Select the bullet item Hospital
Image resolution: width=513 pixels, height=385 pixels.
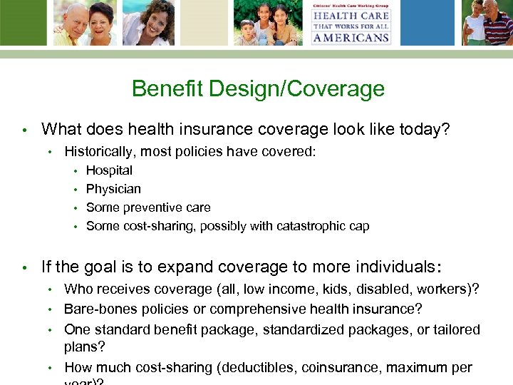(x=109, y=170)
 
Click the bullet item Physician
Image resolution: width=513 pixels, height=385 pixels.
(x=113, y=189)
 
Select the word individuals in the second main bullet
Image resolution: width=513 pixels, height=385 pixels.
(x=388, y=267)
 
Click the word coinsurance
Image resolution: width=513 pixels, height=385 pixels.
(x=338, y=367)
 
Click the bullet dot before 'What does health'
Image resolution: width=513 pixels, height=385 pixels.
(x=24, y=130)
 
